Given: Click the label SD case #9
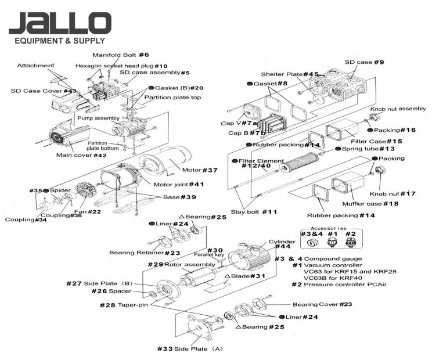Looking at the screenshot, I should point(364,62).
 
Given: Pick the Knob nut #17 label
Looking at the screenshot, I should point(384,193).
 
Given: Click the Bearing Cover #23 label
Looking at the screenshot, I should point(314,304).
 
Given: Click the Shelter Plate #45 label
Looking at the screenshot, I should point(290,74).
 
